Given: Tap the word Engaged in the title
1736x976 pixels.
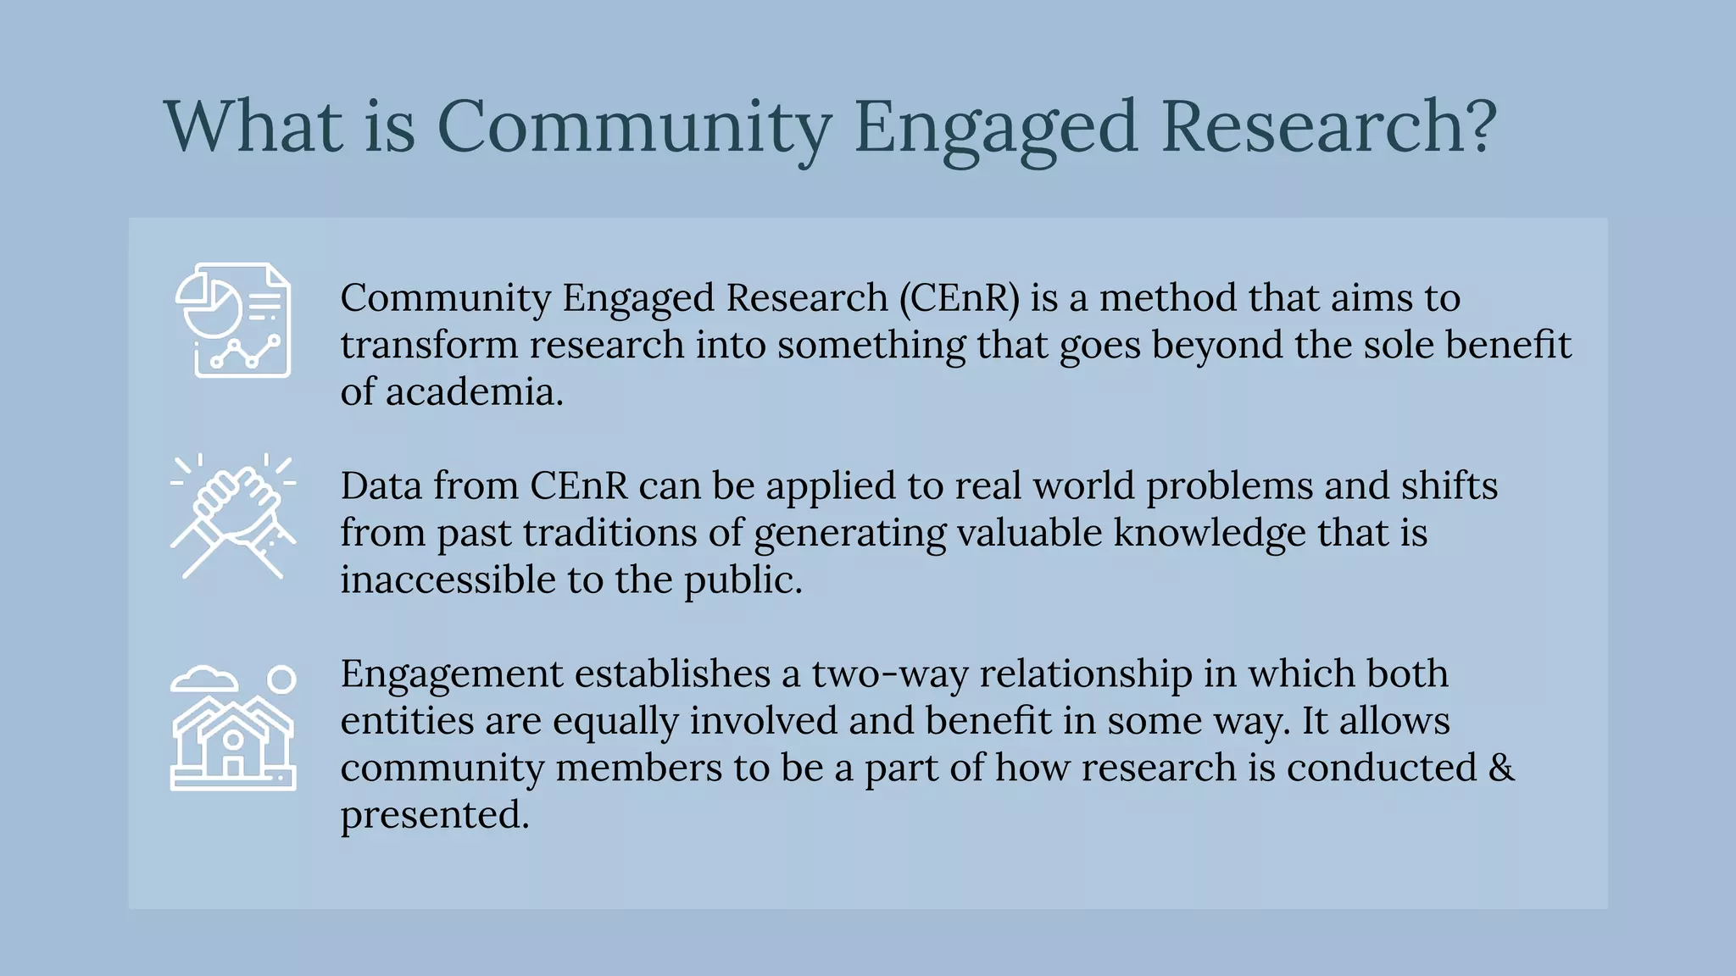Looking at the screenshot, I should point(995,127).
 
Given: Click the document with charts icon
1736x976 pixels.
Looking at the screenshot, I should point(233,320).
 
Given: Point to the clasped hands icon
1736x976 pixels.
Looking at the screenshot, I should point(233,516).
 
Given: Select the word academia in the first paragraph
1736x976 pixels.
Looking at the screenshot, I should point(474,392).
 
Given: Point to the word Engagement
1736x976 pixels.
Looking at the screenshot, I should point(452,674).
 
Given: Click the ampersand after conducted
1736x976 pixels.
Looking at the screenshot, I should point(1501,768).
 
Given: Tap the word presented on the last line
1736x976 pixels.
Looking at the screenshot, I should point(435,815).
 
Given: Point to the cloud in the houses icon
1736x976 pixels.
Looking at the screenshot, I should point(203,679).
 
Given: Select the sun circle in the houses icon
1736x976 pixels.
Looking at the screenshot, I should point(281,679).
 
